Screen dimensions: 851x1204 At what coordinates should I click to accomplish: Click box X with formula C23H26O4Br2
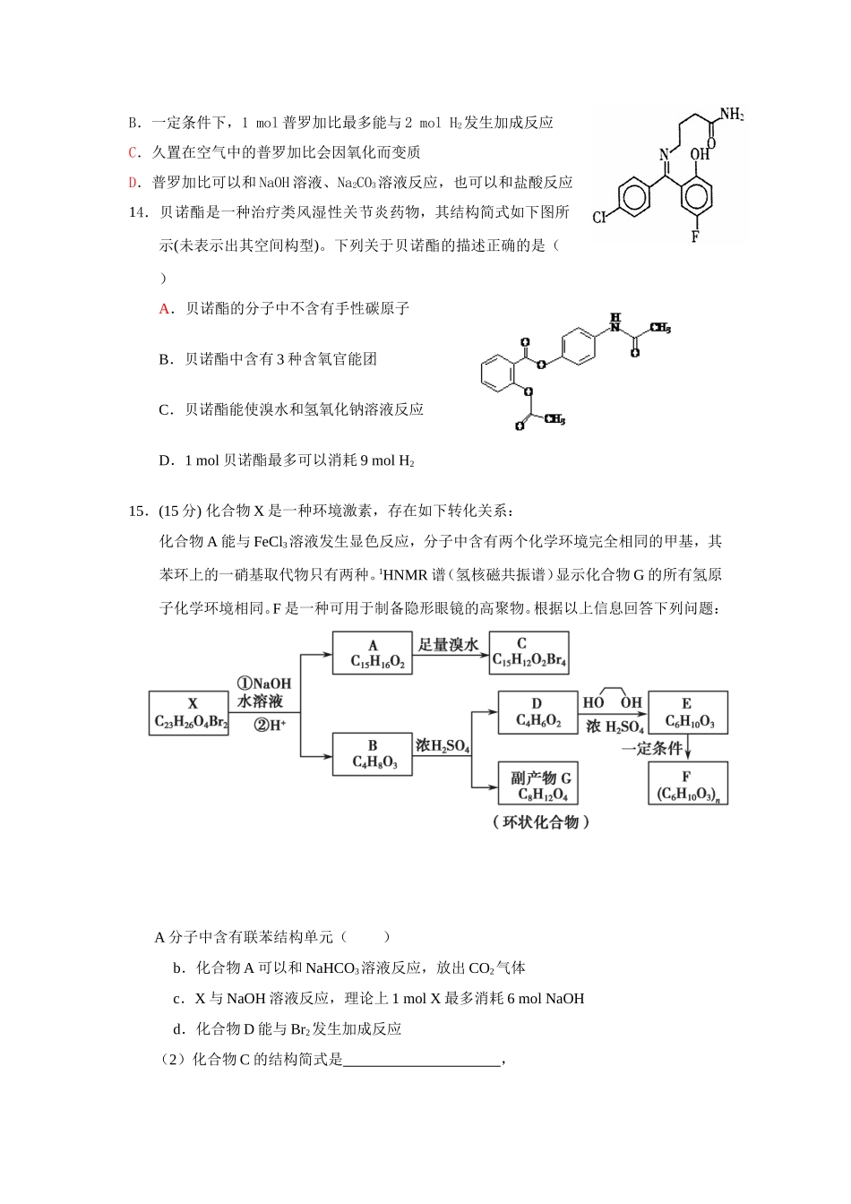[x=189, y=713]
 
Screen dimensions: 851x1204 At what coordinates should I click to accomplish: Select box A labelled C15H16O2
[x=373, y=654]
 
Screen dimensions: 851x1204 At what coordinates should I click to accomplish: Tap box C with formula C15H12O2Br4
[x=529, y=653]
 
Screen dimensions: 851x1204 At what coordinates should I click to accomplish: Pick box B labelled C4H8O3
[x=373, y=754]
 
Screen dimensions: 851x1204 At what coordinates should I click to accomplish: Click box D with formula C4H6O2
[x=537, y=713]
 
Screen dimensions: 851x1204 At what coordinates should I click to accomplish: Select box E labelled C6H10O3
[x=688, y=713]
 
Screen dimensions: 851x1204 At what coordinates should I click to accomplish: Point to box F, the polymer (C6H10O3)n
[x=688, y=785]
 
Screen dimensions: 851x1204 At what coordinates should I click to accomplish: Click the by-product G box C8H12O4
[x=539, y=785]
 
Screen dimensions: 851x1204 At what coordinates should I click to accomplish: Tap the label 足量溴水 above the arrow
[x=449, y=645]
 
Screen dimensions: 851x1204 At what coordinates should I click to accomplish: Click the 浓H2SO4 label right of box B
[x=443, y=745]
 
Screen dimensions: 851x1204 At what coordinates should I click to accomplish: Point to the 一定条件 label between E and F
[x=651, y=748]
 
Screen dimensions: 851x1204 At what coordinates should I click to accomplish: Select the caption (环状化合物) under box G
[x=541, y=822]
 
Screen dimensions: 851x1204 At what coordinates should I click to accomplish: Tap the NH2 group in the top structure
[x=731, y=115]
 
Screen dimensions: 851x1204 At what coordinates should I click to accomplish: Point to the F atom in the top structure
[x=695, y=237]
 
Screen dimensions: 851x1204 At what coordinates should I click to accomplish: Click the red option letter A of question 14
[x=165, y=309]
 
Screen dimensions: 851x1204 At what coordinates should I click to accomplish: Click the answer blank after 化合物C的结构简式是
[x=421, y=1061]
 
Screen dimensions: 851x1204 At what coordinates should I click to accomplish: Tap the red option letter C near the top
[x=133, y=153]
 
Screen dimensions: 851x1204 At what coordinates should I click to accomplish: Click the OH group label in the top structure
[x=700, y=154]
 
